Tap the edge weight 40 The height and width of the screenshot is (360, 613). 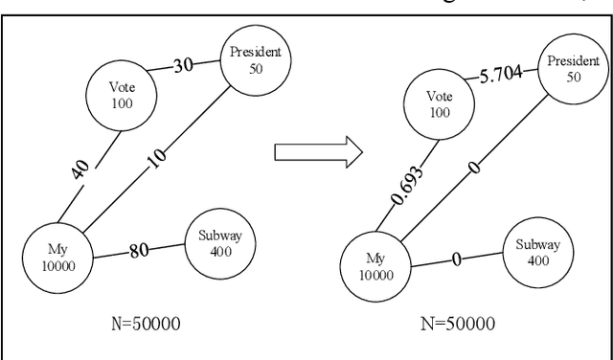(x=80, y=170)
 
